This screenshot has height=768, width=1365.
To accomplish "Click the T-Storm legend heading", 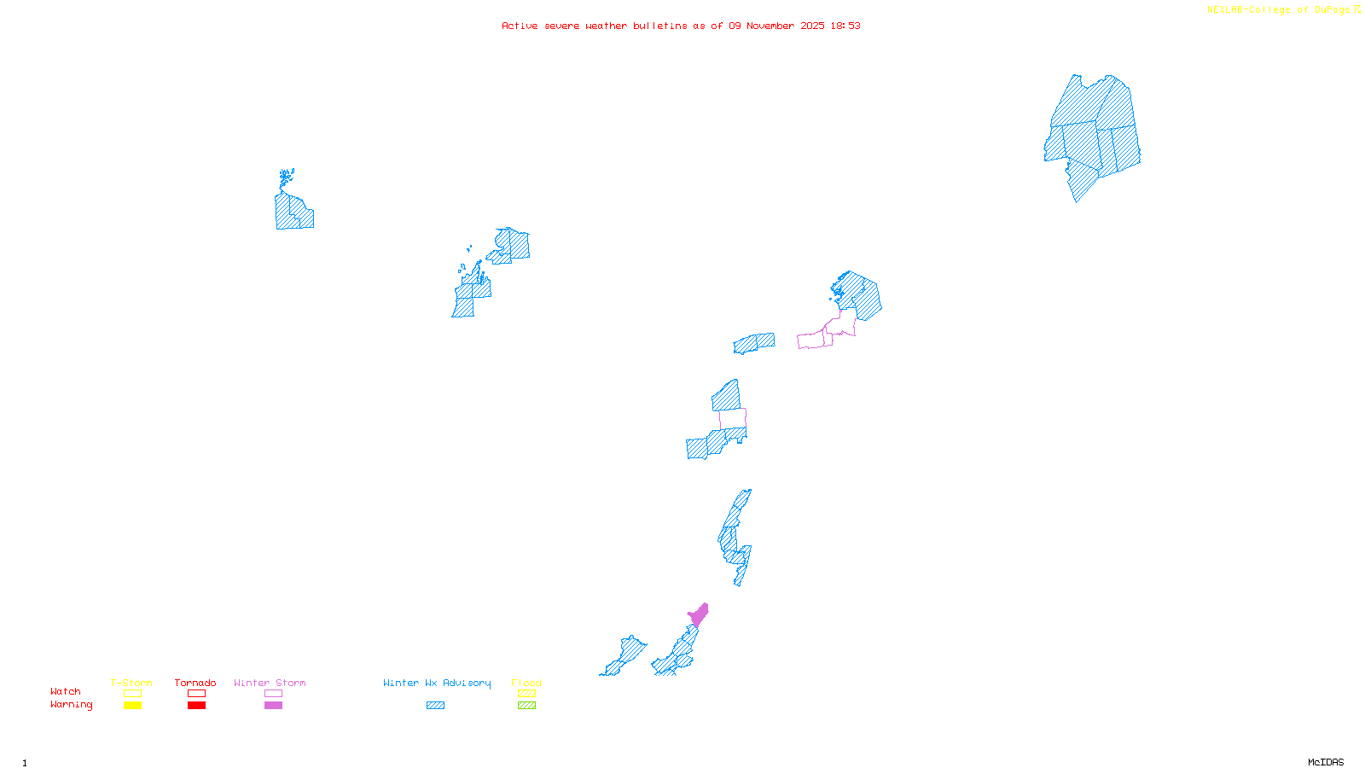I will click(131, 683).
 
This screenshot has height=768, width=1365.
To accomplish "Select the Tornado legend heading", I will click(195, 683).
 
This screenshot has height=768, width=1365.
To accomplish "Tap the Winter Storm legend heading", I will click(270, 683).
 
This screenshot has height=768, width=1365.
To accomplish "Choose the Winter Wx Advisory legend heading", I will click(437, 683).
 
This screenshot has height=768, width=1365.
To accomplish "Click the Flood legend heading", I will click(526, 683).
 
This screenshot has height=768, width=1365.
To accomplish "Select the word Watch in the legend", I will click(66, 691).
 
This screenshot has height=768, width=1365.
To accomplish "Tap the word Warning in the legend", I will click(71, 705).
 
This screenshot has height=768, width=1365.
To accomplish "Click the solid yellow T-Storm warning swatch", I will click(132, 706).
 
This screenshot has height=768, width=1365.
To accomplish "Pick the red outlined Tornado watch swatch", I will click(196, 694).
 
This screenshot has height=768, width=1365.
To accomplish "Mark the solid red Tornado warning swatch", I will click(196, 706).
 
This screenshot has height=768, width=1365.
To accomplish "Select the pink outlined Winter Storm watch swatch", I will click(273, 694).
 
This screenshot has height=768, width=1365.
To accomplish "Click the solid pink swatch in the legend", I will click(273, 706).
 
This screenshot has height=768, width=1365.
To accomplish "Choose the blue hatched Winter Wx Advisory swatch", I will click(435, 706).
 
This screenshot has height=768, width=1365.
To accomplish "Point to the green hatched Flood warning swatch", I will click(526, 706).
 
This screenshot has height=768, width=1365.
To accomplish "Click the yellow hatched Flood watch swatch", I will click(526, 694).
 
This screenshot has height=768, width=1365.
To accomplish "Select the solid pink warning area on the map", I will click(699, 615).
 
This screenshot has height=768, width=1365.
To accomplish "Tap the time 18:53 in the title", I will click(845, 26).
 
